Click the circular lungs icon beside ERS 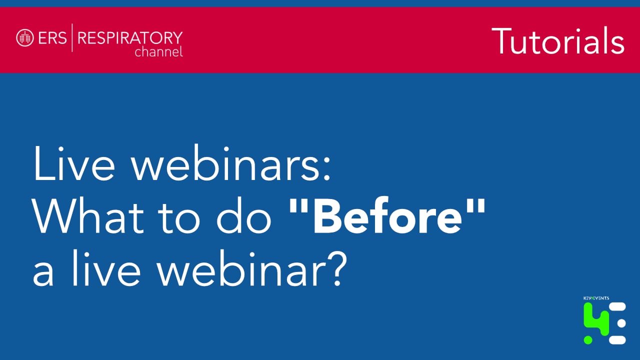(25, 37)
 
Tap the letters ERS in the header (52, 37)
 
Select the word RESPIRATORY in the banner (130, 37)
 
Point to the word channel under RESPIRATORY (158, 51)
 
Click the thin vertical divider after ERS (72, 37)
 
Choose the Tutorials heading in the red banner (557, 40)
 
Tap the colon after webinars (327, 168)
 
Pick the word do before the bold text (243, 215)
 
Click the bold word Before (387, 215)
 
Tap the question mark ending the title (336, 268)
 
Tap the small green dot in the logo (588, 340)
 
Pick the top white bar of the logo (617, 307)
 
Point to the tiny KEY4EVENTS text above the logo (596, 298)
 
